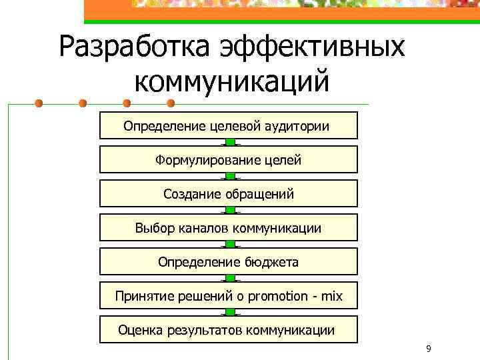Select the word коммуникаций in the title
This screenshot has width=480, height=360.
coord(231,82)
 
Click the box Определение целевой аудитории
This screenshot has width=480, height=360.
coord(228,125)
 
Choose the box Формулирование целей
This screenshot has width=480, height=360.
coord(228,160)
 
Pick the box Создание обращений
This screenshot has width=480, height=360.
coord(228,194)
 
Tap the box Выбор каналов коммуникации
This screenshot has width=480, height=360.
coord(228,228)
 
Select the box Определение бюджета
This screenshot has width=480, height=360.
coord(228,262)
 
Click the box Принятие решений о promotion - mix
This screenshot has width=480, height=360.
coord(228,296)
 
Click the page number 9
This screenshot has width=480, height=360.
coord(428,349)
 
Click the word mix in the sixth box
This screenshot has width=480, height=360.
coord(331,296)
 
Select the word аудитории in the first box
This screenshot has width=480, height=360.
coord(298,125)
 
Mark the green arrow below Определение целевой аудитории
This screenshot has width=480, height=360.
coord(229,143)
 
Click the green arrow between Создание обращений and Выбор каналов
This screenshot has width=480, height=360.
coord(229,211)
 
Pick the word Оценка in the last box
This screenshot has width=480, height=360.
coord(138,330)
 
